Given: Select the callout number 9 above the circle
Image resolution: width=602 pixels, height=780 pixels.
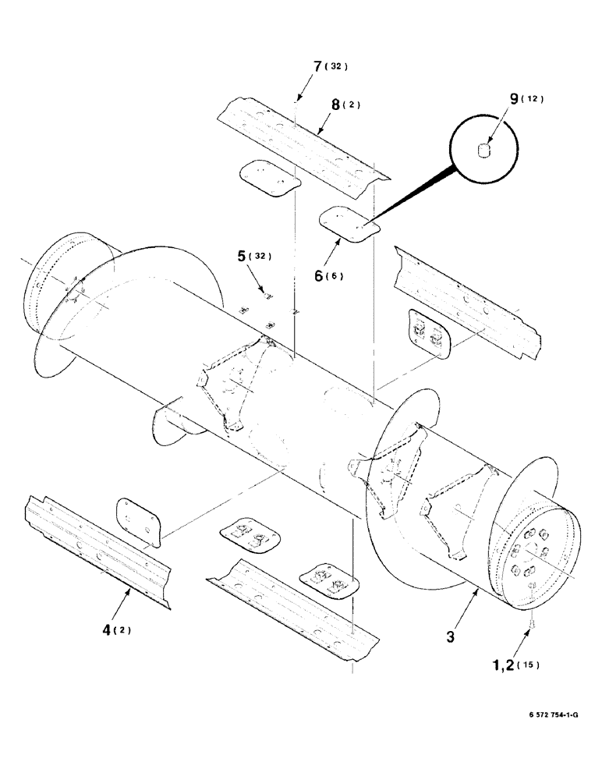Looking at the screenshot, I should pyautogui.click(x=514, y=99).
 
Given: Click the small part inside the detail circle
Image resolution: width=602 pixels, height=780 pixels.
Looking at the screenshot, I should pyautogui.click(x=483, y=149).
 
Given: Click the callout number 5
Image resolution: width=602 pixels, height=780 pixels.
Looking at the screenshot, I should pyautogui.click(x=242, y=255).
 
